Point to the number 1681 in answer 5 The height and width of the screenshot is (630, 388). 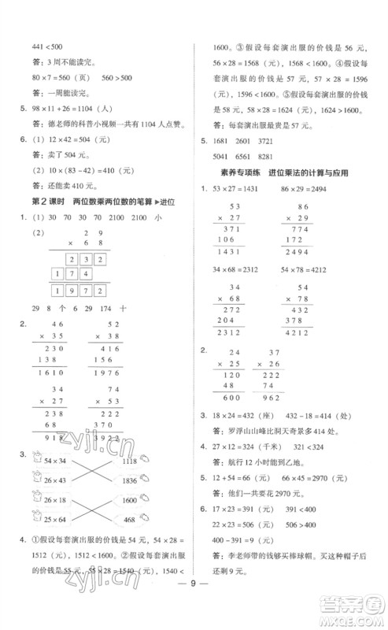pos(222,140)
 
